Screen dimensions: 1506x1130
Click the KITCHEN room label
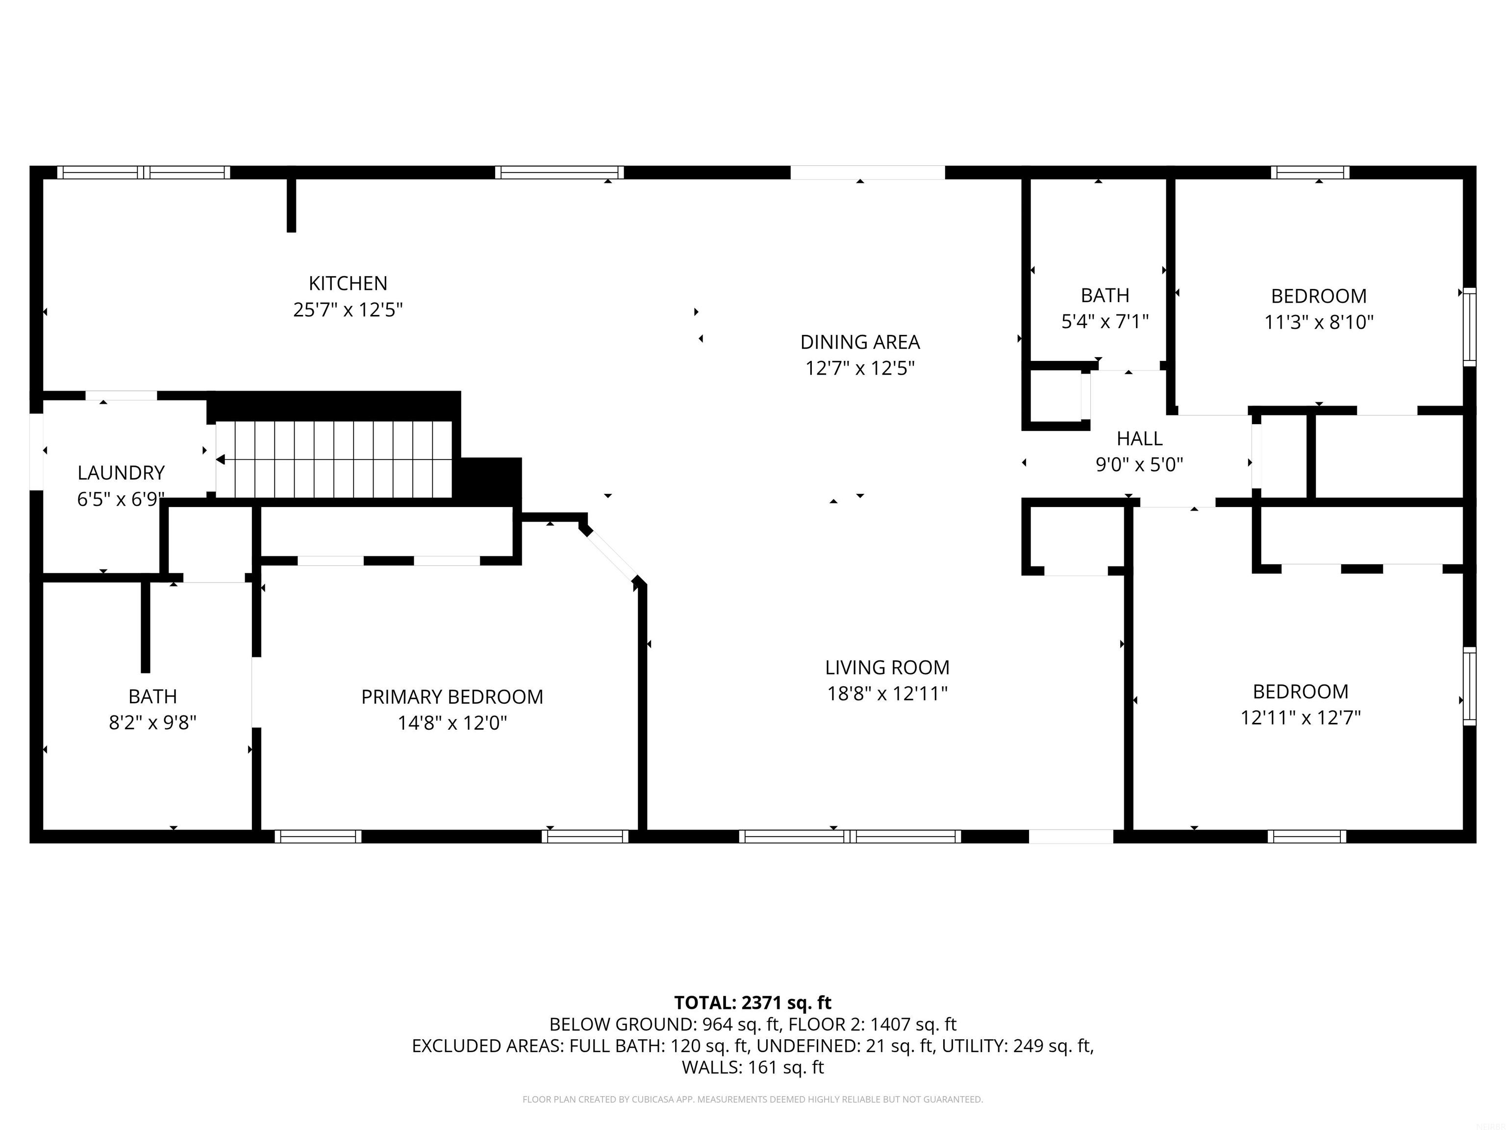[348, 283]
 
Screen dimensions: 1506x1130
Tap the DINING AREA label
[860, 342]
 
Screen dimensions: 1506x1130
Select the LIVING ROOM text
[887, 668]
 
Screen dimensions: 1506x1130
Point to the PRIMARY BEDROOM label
[452, 697]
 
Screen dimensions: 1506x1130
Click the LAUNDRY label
[121, 473]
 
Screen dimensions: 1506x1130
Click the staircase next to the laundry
[334, 460]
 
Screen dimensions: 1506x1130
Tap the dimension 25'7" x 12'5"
[348, 310]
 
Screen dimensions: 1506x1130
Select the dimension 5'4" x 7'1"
[1105, 322]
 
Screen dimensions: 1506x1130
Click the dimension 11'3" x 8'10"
[1319, 322]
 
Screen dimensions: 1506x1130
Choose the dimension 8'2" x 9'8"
[152, 723]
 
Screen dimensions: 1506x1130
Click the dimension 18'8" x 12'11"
[887, 694]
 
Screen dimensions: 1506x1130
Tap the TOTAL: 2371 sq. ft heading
[753, 1002]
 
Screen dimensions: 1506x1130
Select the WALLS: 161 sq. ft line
[753, 1067]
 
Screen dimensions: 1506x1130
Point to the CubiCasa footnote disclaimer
[753, 1100]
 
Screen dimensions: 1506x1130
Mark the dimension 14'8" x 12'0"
[452, 723]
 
